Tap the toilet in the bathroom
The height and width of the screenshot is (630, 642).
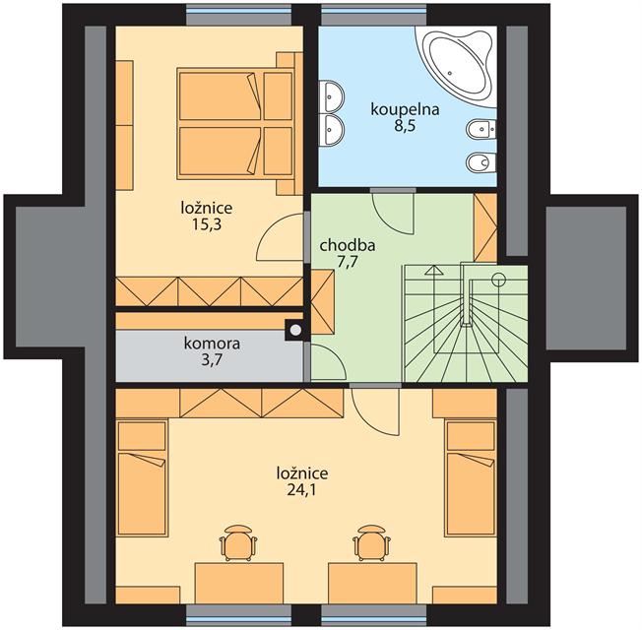(x=481, y=162)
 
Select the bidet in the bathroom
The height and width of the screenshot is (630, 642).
(x=481, y=129)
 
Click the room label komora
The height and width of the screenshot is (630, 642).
(x=212, y=344)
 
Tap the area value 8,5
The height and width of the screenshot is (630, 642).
(x=405, y=126)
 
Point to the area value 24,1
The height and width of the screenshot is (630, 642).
(x=301, y=489)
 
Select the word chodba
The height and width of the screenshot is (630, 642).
(x=348, y=246)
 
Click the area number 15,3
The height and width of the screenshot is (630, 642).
(x=207, y=224)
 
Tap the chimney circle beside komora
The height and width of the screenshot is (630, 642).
(x=294, y=330)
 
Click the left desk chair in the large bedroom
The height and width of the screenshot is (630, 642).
(x=238, y=542)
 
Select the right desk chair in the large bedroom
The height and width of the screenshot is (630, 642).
(x=372, y=542)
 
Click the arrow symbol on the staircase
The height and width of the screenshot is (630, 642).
(x=434, y=270)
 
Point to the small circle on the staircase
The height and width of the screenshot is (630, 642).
(x=498, y=280)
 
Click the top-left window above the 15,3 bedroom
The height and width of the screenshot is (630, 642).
(x=239, y=15)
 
